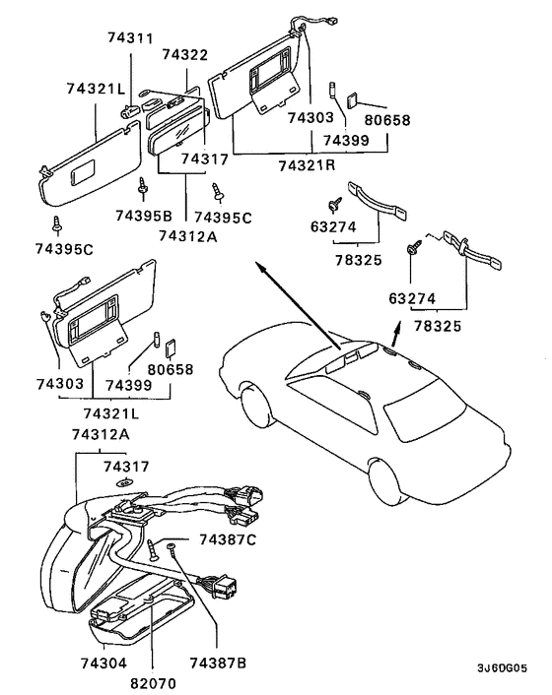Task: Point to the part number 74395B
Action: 143,216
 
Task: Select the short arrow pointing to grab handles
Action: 395,328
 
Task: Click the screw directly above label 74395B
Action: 144,186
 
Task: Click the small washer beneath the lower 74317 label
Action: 125,482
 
